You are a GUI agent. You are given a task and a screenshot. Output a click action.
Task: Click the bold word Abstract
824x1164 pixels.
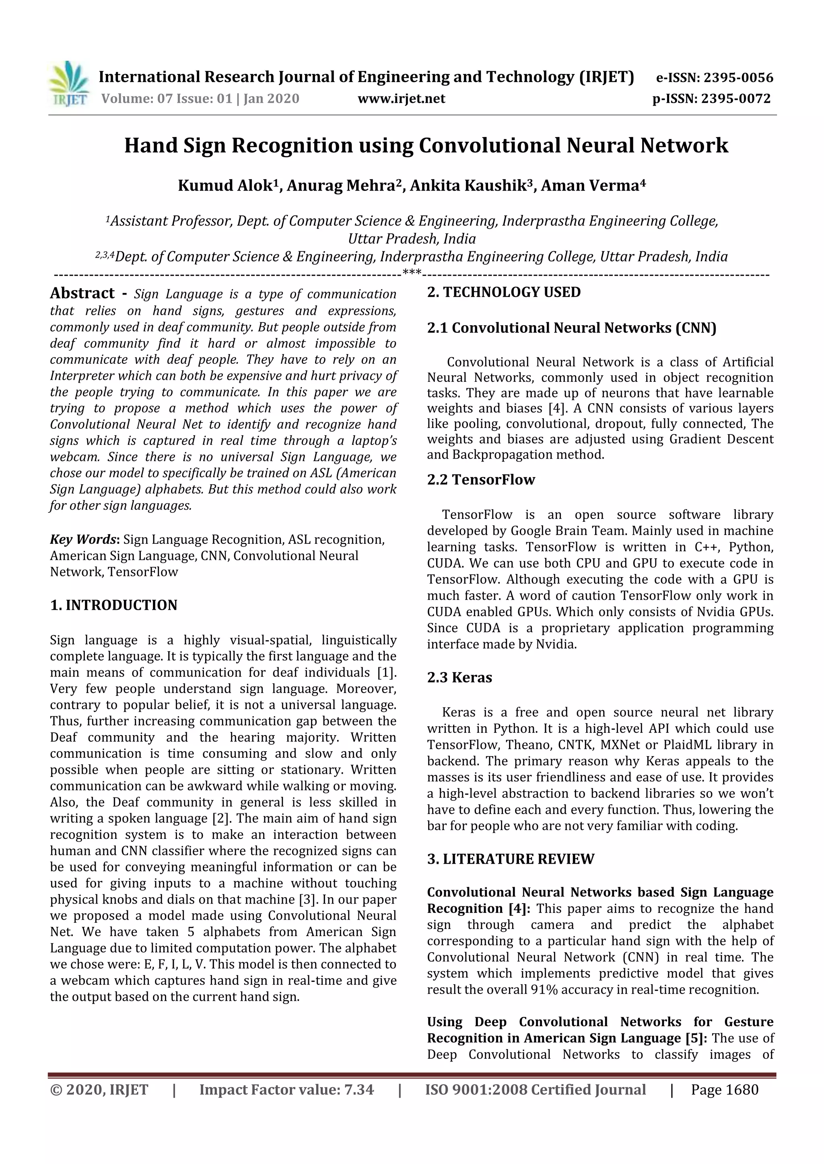click(x=82, y=293)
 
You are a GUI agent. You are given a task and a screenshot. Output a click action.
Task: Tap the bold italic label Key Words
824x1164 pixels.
click(x=83, y=539)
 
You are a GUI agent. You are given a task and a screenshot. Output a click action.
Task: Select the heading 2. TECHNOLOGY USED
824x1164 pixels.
click(x=504, y=293)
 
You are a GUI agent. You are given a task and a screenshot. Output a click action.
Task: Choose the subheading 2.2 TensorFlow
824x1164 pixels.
click(x=481, y=480)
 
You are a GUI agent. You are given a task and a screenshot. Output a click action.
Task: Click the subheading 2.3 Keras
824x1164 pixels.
click(x=460, y=678)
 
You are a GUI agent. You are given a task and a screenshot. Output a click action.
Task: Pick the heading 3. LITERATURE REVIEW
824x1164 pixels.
click(x=511, y=859)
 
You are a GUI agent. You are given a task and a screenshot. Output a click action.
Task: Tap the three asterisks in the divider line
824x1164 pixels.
click(x=412, y=273)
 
